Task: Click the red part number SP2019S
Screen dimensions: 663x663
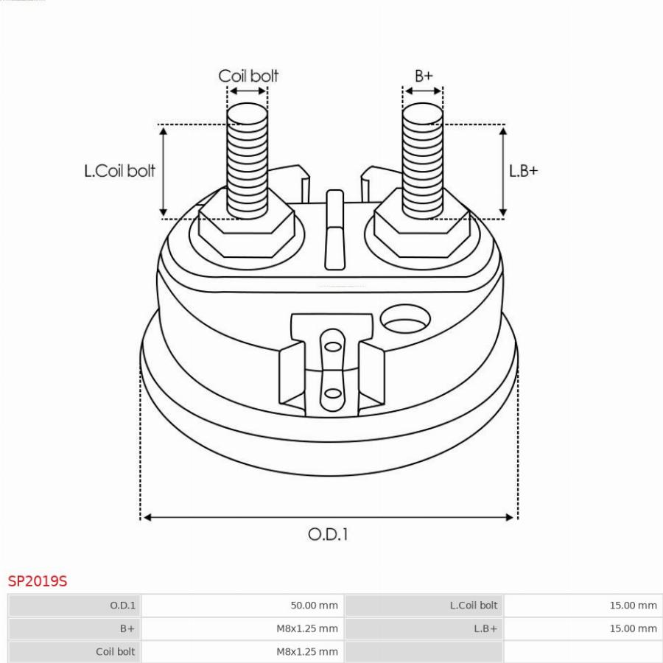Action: point(38,581)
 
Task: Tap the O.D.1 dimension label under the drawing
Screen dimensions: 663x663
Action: point(328,535)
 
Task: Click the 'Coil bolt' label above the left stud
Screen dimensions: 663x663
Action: point(248,76)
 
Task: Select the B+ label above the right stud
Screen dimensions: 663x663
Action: point(424,76)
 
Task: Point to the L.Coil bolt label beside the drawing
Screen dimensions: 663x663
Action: point(119,171)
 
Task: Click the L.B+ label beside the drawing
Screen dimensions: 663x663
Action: point(524,171)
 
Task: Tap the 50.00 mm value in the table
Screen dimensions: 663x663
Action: point(314,605)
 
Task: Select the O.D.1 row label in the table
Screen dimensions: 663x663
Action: point(122,605)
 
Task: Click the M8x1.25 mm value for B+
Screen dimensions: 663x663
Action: point(307,628)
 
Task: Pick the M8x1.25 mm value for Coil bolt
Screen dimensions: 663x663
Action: point(307,652)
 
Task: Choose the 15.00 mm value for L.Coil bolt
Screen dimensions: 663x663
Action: point(633,605)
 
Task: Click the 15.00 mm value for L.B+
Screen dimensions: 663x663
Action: point(633,628)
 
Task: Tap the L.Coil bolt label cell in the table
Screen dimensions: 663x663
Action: point(474,605)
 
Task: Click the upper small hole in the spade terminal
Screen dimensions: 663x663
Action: point(333,347)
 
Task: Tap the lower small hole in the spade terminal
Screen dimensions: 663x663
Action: point(333,393)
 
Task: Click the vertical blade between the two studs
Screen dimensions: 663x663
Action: point(335,230)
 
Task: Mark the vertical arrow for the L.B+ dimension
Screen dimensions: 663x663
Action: point(502,172)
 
